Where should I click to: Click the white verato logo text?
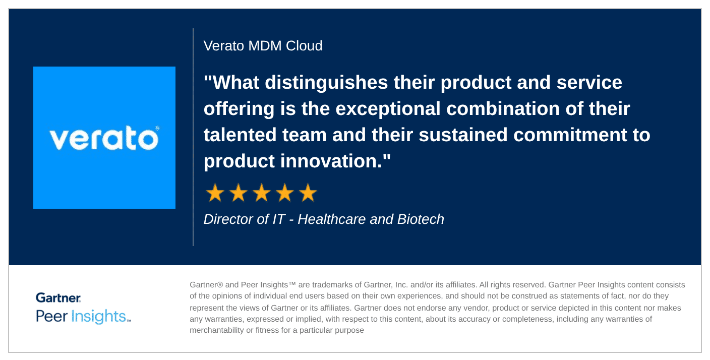click(104, 139)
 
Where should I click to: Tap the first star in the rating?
click(215, 193)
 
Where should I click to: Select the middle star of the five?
click(261, 193)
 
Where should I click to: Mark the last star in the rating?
click(308, 193)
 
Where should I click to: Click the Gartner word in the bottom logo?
click(58, 298)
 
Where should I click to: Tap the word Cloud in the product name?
click(304, 46)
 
